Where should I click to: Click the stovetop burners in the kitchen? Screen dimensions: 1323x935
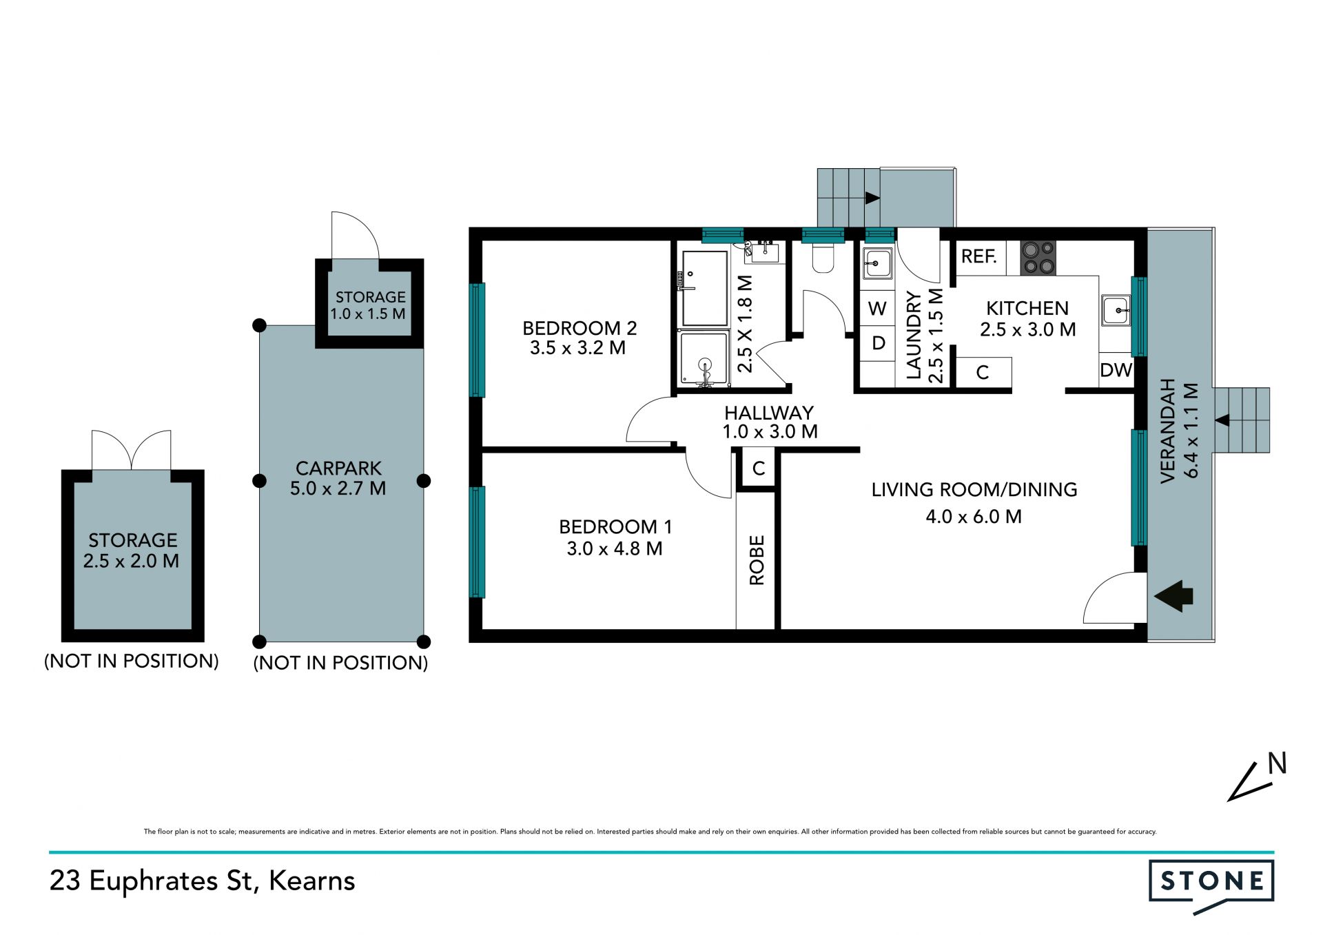coord(1038,258)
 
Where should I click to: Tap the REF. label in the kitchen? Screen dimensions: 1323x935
coord(979,257)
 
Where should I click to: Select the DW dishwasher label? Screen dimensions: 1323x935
coord(1116,371)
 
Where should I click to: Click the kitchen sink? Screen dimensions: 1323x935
coord(1116,310)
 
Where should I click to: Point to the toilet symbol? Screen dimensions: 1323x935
coord(823,256)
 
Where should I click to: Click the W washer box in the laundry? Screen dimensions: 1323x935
coord(877,309)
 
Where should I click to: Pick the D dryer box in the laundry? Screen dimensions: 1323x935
coord(878,343)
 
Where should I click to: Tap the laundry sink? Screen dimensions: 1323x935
coord(878,263)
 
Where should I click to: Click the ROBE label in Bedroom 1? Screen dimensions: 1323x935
coord(757,560)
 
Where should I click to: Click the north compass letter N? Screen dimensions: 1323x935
coord(1278,763)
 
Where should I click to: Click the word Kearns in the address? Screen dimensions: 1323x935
coord(312,881)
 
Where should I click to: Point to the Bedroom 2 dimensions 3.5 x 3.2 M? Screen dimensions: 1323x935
coord(577,348)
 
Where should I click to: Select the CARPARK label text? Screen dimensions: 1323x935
coord(338,469)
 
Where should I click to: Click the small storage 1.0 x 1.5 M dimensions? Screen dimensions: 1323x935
coord(368,314)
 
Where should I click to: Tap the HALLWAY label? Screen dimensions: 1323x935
coord(769,413)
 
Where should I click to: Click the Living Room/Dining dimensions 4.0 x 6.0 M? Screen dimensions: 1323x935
coord(974,517)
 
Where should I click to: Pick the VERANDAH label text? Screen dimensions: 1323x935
coord(1167,431)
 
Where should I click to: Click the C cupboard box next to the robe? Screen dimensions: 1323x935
coord(758,469)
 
